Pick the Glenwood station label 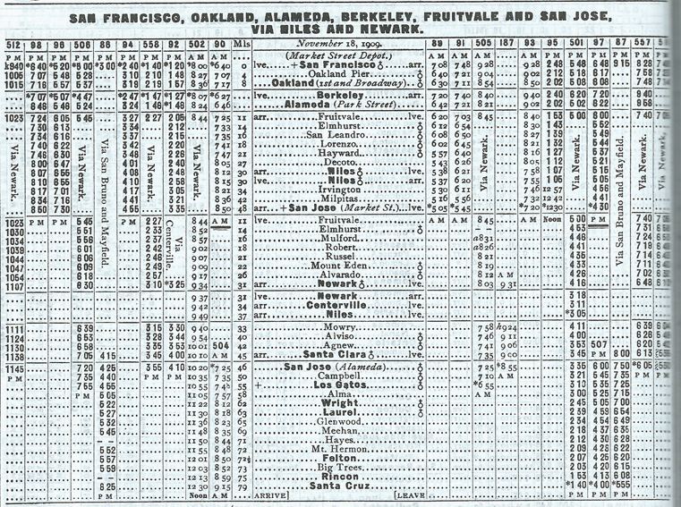[x=340, y=420]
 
